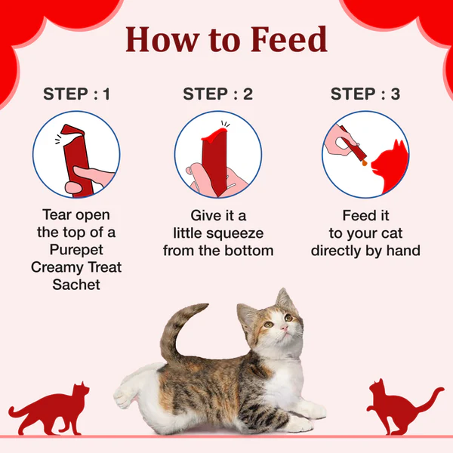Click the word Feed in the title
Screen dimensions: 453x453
coord(289,39)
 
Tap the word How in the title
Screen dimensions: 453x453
coord(162,39)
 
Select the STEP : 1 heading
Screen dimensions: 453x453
coord(76,94)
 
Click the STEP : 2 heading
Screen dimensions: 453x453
coord(218,94)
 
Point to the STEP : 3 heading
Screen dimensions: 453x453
coord(365,94)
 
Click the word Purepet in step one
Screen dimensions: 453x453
coord(76,250)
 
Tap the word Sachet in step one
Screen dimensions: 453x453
coord(76,285)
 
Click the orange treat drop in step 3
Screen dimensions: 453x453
coord(365,163)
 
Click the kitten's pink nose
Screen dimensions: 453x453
coord(285,328)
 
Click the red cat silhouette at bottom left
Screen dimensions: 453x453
coord(49,410)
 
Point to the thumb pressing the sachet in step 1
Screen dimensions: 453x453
coord(93,175)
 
